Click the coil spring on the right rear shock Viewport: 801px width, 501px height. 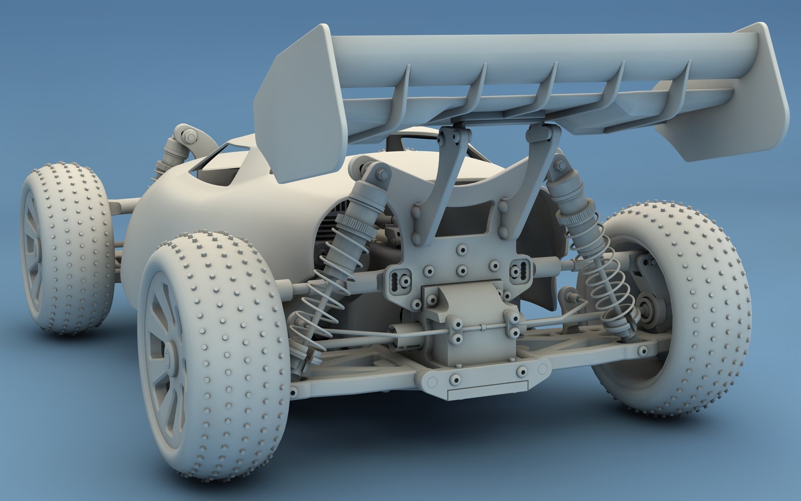[607, 283]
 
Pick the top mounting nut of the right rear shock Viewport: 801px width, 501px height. [560, 166]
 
